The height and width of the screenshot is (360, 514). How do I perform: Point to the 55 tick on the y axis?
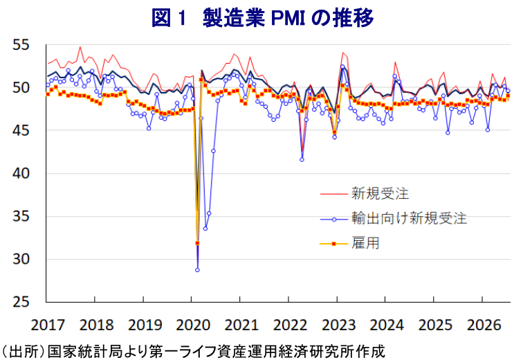(x=21, y=45)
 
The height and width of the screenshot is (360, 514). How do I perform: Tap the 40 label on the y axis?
(x=21, y=173)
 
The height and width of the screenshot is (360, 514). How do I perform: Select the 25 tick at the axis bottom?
(x=21, y=302)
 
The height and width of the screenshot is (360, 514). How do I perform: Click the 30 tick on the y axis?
(x=21, y=259)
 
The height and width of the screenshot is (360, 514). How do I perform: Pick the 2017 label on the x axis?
(x=48, y=325)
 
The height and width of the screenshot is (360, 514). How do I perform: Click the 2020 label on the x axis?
(x=193, y=325)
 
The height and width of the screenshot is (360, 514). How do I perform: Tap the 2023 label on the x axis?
(x=338, y=325)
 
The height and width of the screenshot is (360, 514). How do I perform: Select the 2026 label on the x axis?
(x=484, y=325)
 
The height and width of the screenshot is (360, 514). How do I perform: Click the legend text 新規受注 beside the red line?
(x=380, y=193)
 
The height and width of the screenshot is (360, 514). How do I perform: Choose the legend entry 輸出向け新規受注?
(x=409, y=218)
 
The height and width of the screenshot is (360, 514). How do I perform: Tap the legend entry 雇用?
(x=365, y=243)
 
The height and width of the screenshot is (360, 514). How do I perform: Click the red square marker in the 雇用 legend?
(x=334, y=244)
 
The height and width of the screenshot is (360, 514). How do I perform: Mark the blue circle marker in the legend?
(x=334, y=219)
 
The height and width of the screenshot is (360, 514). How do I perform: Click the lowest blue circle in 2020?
(x=197, y=270)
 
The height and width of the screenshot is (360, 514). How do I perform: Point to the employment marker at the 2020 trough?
(x=197, y=243)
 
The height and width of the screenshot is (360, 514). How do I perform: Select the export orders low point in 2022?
(x=302, y=159)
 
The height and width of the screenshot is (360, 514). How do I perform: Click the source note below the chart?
(x=193, y=352)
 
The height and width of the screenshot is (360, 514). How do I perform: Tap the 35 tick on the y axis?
(x=21, y=216)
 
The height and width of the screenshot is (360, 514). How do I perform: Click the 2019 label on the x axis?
(x=145, y=325)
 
